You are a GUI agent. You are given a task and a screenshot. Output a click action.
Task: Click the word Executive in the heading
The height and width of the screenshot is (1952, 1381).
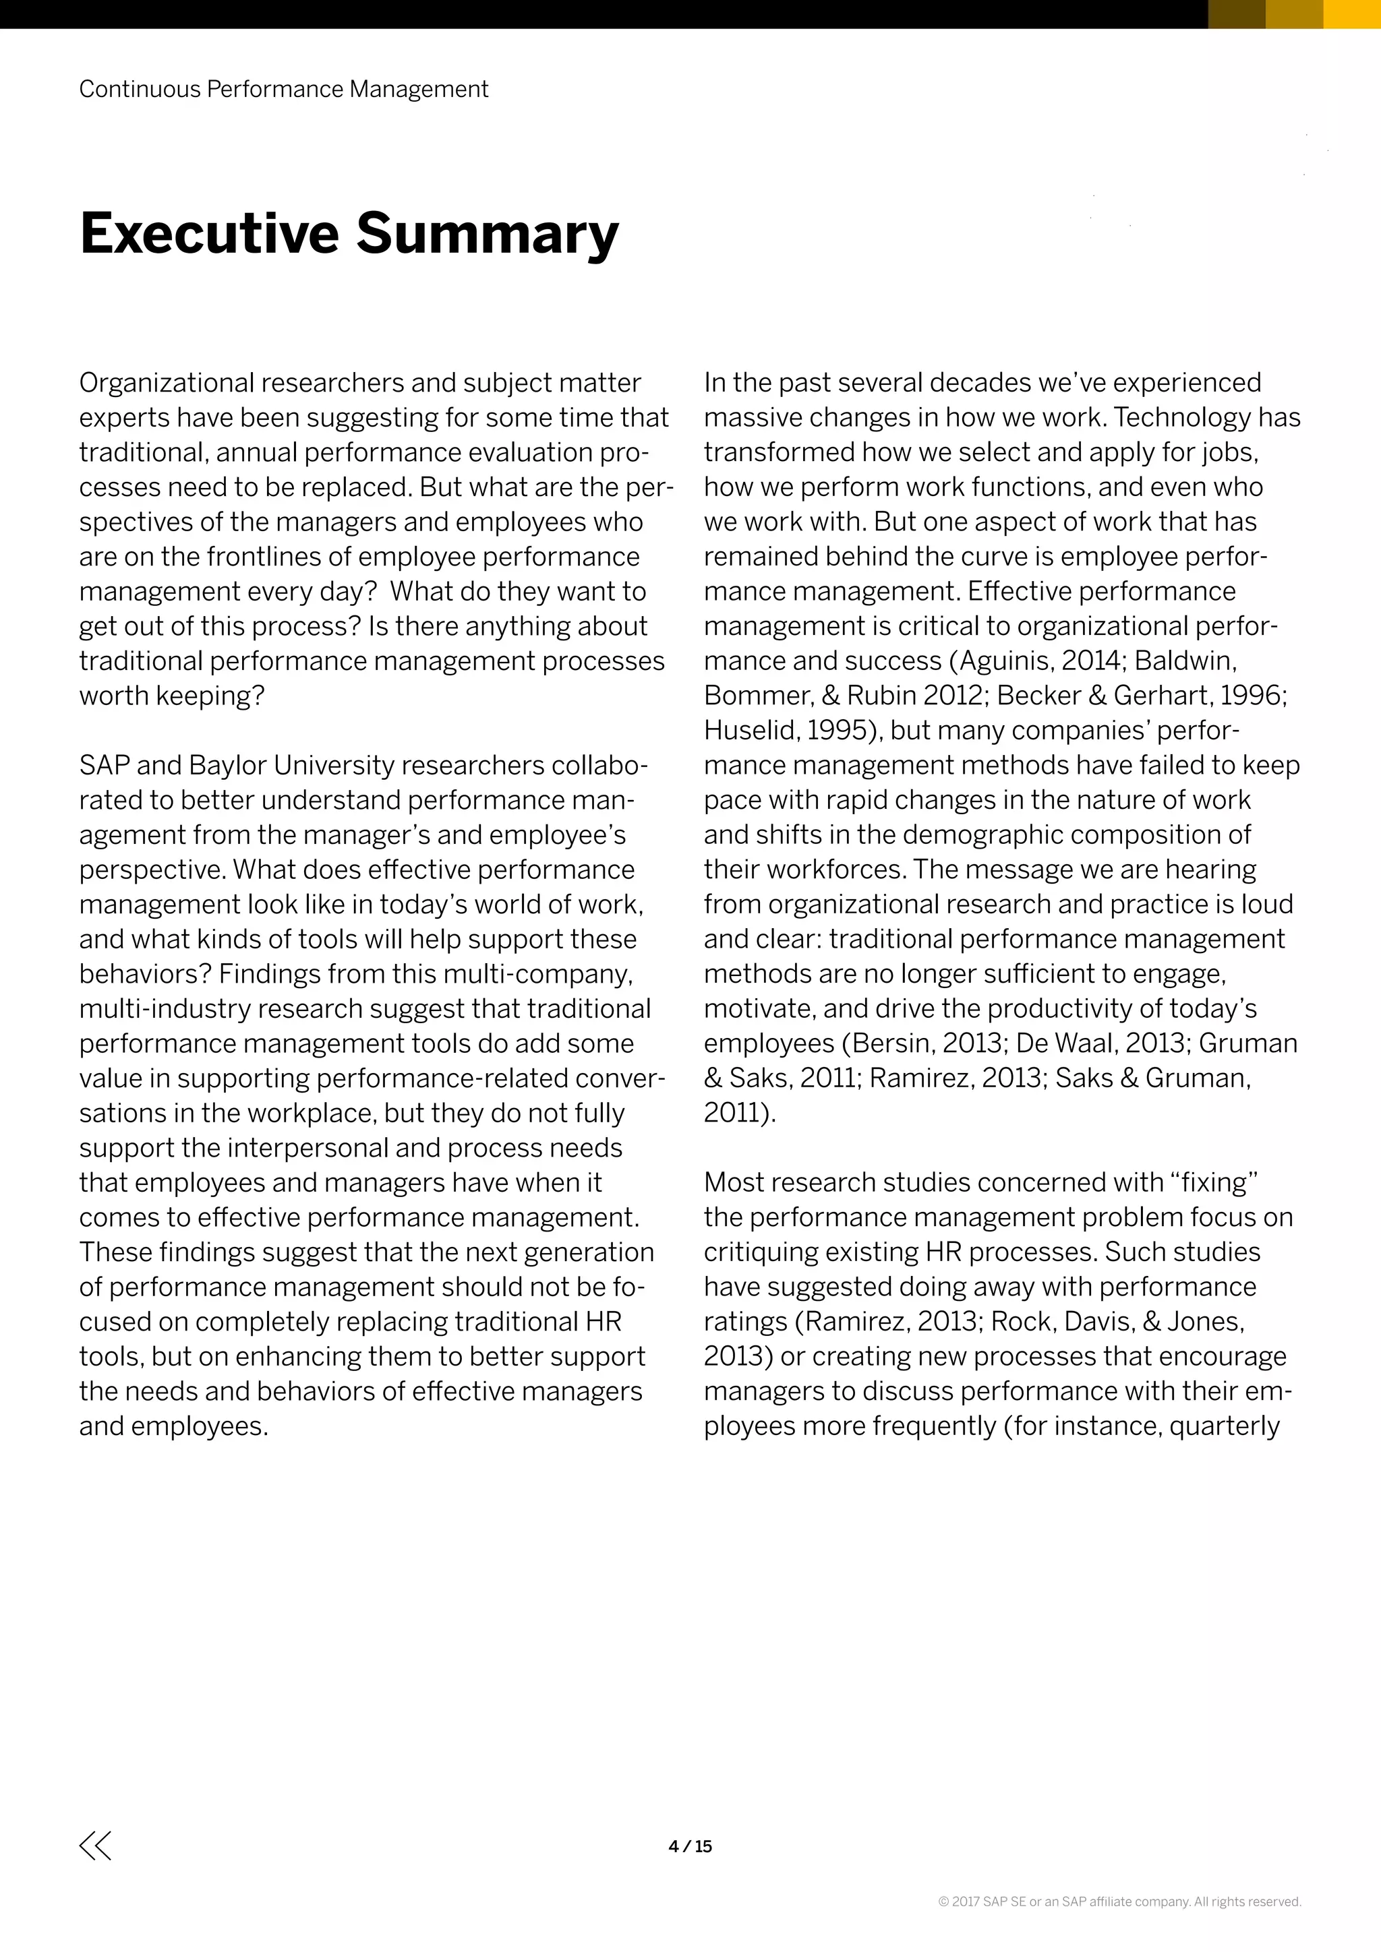(209, 233)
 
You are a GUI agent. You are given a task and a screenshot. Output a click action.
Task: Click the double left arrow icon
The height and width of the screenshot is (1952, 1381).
(95, 1846)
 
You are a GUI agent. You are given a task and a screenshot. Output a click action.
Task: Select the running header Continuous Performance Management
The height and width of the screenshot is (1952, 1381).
(283, 89)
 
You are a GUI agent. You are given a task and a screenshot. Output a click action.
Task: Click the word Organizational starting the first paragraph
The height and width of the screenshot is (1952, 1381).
(166, 383)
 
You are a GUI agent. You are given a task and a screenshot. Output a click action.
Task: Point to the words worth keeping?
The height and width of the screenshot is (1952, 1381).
(172, 696)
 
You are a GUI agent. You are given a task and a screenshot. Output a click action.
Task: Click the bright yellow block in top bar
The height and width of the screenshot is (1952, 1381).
(1352, 13)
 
